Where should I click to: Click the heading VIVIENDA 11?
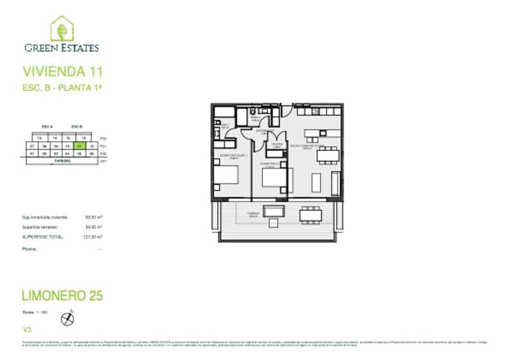[x=62, y=72]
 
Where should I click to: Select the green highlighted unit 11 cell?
[x=79, y=146]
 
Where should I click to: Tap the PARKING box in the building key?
[x=62, y=161]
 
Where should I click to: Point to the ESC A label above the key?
[x=47, y=127]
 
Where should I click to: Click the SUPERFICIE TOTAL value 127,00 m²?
[x=93, y=237]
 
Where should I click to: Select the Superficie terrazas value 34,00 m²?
[x=94, y=227]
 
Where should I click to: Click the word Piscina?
[x=30, y=249]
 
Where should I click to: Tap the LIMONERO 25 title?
[x=62, y=296]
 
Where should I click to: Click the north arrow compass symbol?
[x=67, y=319]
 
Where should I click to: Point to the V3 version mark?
[x=27, y=329]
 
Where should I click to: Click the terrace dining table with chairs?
[x=310, y=215]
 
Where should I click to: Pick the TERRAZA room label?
[x=254, y=214]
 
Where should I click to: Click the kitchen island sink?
[x=322, y=132]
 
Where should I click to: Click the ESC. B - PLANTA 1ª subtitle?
[x=62, y=88]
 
